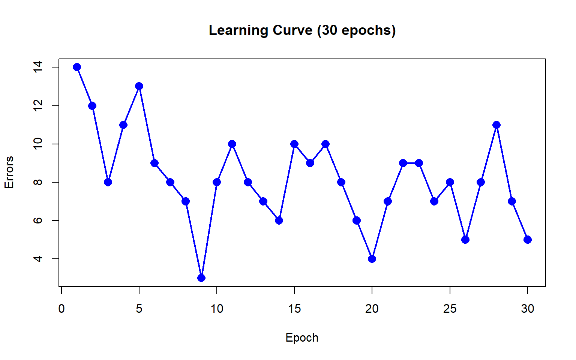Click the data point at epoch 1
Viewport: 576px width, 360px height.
tap(77, 67)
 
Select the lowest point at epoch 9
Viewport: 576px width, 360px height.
tap(201, 278)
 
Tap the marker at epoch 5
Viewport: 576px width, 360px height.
tap(139, 86)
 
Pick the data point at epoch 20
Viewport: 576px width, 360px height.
tap(372, 259)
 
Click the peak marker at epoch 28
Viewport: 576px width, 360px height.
tap(496, 125)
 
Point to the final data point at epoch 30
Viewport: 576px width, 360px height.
tap(528, 240)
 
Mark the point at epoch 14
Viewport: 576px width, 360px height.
tap(279, 220)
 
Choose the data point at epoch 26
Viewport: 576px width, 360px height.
tap(465, 240)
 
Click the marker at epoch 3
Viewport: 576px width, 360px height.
tap(108, 182)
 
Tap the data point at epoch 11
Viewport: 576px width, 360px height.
tap(232, 144)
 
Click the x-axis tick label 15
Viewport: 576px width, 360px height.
tap(294, 309)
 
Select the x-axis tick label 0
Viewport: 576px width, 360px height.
tap(61, 309)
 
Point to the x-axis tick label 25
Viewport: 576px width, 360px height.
tap(450, 309)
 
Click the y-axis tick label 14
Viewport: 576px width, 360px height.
tap(38, 67)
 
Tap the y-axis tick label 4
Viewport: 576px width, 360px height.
tap(38, 259)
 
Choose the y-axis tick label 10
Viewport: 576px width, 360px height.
tap(38, 144)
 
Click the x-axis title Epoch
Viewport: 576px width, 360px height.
tap(302, 337)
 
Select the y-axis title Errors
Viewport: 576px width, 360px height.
tap(9, 172)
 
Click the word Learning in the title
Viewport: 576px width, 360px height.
tap(238, 30)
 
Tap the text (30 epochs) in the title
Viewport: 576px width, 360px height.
tap(356, 30)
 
